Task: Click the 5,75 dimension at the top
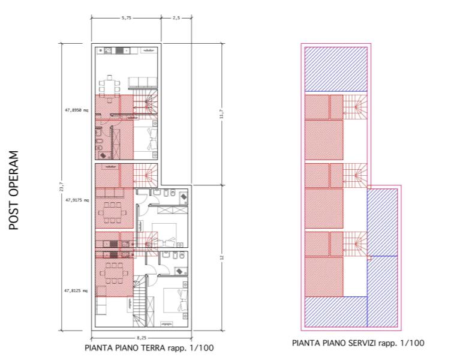127,18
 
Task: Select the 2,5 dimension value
176,18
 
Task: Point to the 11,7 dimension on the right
221,114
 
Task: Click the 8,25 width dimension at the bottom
142,338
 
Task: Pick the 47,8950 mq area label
77,110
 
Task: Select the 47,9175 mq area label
77,200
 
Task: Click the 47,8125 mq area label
76,290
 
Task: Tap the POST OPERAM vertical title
14,191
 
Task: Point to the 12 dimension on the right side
221,257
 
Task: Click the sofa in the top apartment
143,83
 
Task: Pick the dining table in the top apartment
110,86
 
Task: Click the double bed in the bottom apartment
175,300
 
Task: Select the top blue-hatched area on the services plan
336,69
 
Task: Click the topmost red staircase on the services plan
355,107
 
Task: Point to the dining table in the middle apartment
112,212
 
